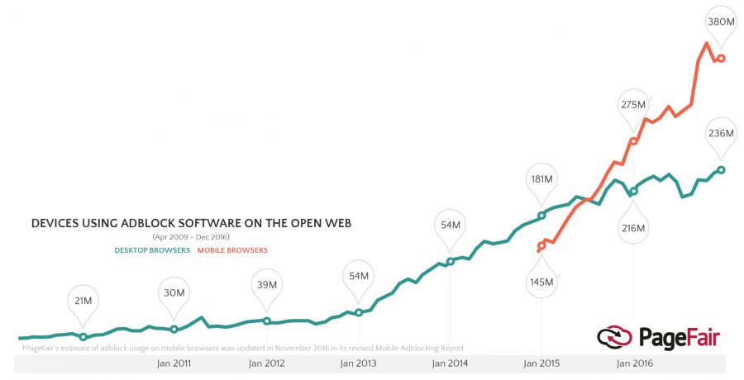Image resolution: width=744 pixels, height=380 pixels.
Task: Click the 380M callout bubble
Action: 720,22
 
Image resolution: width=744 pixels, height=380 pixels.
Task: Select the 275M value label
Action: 634,105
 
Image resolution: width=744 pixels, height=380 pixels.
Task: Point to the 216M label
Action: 633,227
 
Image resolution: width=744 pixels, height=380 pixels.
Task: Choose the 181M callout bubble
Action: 542,178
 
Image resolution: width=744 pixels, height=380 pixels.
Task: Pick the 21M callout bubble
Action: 83,301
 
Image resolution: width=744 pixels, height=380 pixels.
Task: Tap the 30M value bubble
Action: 174,292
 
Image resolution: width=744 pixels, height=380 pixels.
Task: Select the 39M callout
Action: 266,284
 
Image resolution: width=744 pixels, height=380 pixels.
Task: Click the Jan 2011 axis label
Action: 174,363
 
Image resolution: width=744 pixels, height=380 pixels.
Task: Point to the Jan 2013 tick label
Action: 358,363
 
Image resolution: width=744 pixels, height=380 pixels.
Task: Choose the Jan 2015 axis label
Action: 541,363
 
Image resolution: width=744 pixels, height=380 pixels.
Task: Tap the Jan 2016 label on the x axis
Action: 633,363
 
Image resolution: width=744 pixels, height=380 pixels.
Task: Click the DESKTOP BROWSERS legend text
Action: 151,250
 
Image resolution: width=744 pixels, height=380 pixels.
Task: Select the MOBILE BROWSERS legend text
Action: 232,250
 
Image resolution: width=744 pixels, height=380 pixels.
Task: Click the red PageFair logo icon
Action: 614,337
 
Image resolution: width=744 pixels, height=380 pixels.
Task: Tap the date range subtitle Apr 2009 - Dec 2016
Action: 190,238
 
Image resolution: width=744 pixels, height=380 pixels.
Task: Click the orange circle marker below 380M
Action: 722,59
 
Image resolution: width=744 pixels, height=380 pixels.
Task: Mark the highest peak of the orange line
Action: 707,43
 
